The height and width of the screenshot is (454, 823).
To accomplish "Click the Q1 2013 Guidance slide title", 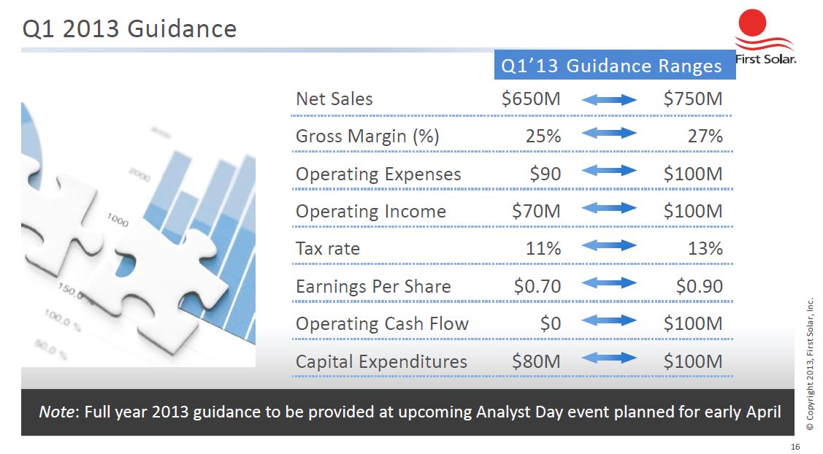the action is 130,28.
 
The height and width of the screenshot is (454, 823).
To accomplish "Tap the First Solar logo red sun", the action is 752,23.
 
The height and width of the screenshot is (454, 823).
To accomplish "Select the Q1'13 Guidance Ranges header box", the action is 615,65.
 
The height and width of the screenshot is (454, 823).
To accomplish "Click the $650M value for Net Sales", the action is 531,99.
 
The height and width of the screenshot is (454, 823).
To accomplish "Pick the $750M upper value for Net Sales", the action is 693,99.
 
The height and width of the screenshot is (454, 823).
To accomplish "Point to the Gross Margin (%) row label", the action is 367,136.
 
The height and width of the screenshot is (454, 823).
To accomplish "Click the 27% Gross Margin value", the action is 705,136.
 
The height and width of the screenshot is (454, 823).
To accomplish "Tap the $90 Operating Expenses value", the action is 545,174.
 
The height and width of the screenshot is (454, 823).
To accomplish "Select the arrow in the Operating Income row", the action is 609,208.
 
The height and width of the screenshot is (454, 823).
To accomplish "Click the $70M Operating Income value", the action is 536,211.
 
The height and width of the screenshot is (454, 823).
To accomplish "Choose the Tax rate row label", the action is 328,248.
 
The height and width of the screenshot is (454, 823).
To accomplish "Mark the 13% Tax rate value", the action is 705,248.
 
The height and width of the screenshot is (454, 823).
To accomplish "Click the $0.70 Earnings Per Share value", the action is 537,286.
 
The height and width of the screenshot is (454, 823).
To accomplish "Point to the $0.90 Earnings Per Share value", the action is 699,286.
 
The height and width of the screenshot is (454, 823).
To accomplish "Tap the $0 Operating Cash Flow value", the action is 551,323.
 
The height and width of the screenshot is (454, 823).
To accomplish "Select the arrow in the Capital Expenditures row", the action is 609,358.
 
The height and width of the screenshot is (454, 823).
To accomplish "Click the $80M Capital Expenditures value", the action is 536,361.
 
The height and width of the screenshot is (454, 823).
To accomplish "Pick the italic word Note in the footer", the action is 57,412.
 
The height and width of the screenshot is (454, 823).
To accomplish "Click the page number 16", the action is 795,447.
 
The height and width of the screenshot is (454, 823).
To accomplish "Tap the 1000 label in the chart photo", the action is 118,220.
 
